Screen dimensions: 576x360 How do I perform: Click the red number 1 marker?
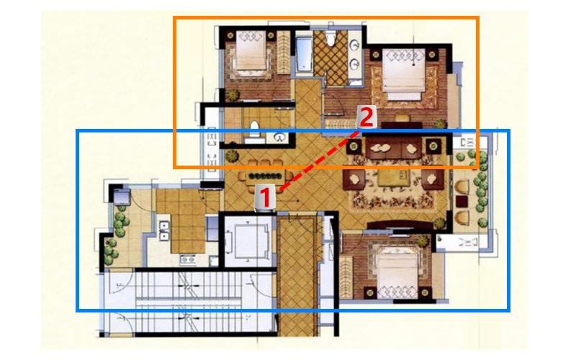265,197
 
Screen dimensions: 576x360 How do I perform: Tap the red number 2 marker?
366,117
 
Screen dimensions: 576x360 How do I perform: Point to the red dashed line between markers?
319,160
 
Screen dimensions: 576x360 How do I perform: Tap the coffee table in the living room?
394,177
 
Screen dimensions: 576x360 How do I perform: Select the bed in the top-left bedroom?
251,50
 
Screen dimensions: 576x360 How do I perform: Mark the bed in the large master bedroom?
404,74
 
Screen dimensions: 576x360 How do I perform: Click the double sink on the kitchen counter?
163,231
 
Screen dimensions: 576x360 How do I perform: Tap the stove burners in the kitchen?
187,260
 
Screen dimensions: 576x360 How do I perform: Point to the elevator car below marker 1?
250,241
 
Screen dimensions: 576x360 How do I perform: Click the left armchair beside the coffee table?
354,179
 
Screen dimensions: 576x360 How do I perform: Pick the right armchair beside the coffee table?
433,179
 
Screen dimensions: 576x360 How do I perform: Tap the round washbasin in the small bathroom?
280,138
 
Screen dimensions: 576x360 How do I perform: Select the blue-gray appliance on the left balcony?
121,197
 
